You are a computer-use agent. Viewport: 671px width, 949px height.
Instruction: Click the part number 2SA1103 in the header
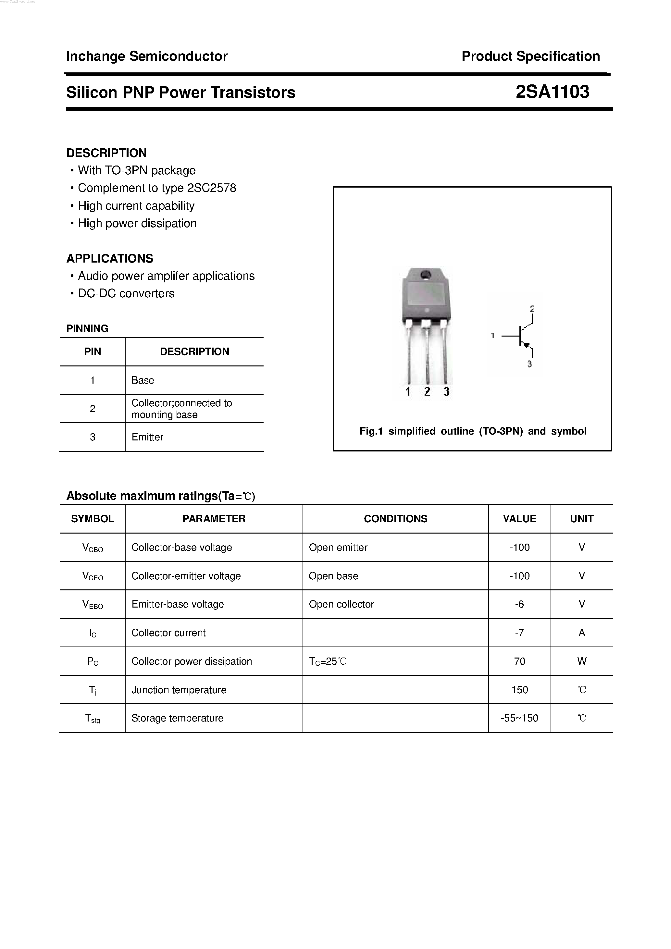click(x=552, y=92)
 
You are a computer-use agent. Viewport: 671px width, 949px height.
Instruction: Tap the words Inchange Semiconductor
click(x=147, y=56)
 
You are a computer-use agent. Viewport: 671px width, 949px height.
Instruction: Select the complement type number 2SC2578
click(x=212, y=188)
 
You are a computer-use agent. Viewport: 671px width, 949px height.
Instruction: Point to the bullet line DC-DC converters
click(x=126, y=293)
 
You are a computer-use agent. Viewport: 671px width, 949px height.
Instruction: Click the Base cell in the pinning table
click(x=143, y=380)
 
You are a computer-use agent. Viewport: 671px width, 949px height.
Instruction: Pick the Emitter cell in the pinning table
click(x=147, y=437)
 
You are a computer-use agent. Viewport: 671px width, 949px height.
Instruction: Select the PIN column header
click(x=92, y=352)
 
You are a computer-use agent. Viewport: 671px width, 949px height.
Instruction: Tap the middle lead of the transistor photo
click(x=427, y=355)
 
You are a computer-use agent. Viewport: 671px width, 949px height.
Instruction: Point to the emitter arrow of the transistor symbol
click(x=526, y=345)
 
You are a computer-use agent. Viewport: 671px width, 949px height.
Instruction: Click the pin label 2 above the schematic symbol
click(x=532, y=309)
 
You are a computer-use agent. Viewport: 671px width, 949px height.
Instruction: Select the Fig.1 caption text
click(x=473, y=432)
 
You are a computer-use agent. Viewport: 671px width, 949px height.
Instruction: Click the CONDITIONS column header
click(x=395, y=519)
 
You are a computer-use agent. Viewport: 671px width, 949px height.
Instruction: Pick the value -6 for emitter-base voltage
click(x=519, y=604)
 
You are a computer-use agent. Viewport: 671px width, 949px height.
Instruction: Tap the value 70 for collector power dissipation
click(x=519, y=661)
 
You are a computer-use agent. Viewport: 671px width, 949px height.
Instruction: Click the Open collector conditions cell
click(x=341, y=604)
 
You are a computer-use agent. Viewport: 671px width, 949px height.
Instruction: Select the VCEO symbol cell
click(x=93, y=576)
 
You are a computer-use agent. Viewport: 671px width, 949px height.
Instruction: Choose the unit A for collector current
click(x=582, y=633)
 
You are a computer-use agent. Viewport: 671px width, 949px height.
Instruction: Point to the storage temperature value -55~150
click(x=519, y=718)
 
